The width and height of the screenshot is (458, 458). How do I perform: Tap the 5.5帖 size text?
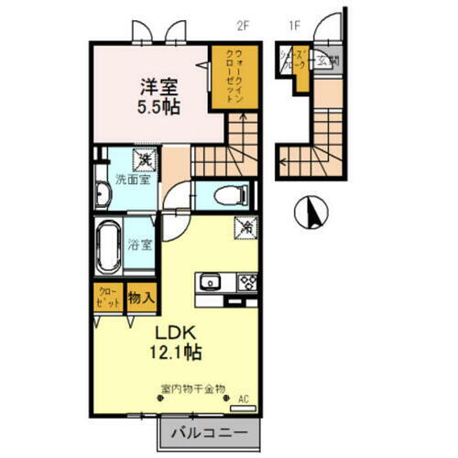click(x=158, y=107)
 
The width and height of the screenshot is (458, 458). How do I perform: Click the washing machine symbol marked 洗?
click(x=144, y=161)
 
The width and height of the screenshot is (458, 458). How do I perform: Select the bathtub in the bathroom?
click(x=108, y=245)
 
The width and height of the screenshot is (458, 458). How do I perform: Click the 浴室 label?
click(x=139, y=245)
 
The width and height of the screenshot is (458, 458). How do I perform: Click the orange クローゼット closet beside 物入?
click(x=107, y=298)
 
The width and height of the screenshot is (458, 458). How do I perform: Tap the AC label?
click(x=244, y=398)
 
